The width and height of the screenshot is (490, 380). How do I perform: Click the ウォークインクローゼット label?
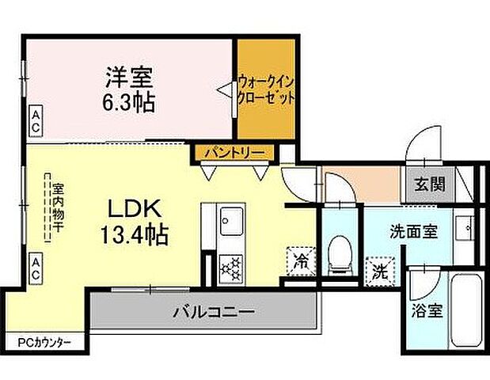point(266,89)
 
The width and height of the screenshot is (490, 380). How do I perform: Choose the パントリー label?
point(234,151)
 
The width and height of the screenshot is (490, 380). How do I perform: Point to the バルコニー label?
point(214,312)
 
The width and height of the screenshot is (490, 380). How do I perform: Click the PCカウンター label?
point(44,342)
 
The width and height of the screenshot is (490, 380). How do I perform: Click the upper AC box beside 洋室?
point(36,120)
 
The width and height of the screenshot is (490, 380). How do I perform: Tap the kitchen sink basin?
point(233,218)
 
